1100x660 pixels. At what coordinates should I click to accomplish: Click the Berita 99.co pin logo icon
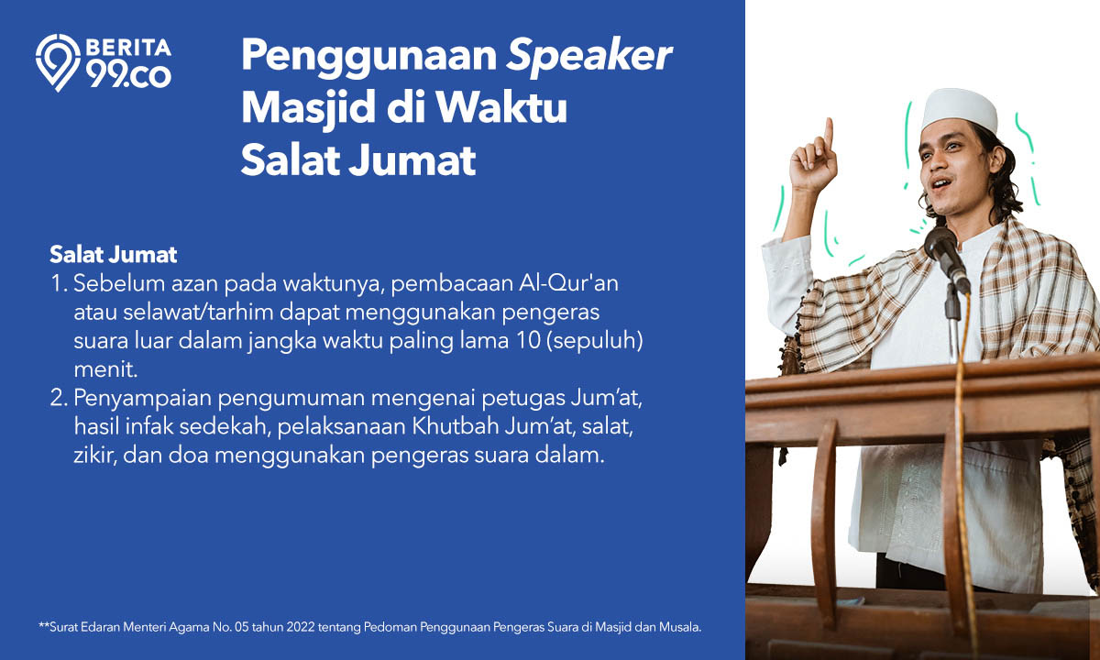[58, 62]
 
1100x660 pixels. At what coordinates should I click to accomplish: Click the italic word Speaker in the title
[588, 57]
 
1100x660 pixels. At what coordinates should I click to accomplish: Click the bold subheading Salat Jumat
[113, 255]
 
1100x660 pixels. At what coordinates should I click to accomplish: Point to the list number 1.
[59, 284]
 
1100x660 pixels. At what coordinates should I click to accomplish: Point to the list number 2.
[59, 398]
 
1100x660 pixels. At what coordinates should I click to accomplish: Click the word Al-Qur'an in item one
[568, 283]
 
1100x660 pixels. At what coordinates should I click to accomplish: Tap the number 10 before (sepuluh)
[528, 341]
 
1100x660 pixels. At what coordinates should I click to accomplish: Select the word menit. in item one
[105, 369]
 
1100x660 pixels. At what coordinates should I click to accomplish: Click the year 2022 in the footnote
[301, 627]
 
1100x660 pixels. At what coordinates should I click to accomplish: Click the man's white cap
[959, 110]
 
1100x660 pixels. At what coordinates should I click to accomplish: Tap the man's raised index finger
[829, 132]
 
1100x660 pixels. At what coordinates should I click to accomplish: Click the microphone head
[940, 244]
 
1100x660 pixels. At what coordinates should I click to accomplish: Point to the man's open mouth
[941, 184]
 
